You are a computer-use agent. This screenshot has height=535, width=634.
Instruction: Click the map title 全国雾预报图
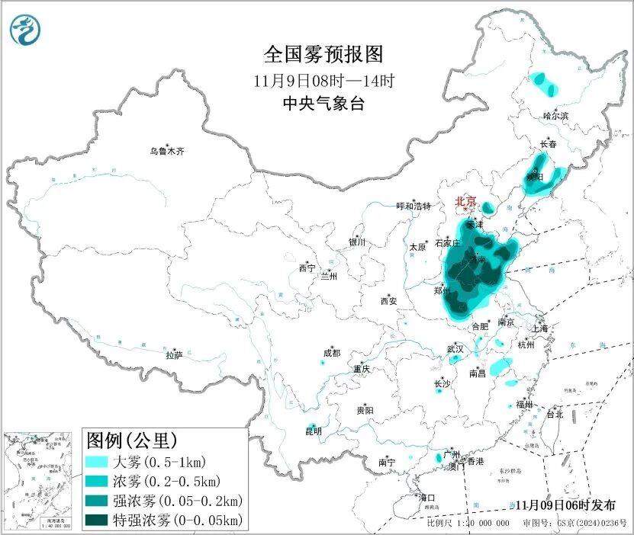[x=322, y=54]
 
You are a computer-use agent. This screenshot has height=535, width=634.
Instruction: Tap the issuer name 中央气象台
[x=323, y=104]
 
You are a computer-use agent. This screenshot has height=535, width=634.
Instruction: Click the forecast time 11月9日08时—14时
[x=323, y=79]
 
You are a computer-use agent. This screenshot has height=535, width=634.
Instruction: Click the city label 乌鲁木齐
[x=166, y=152]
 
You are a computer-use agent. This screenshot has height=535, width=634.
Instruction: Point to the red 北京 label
[x=465, y=202]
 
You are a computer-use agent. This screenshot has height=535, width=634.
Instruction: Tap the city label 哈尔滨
[x=555, y=116]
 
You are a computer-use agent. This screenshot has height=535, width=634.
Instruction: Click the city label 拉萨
[x=174, y=355]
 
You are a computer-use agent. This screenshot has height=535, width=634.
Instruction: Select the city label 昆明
[x=313, y=431]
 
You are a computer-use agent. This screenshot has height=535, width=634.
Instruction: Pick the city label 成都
[x=331, y=354]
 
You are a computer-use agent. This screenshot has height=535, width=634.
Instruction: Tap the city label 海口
[x=427, y=498]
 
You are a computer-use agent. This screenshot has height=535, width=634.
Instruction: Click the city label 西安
[x=388, y=301]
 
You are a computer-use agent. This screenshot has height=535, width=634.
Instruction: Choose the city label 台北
[x=554, y=415]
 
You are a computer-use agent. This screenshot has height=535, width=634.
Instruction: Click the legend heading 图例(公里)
[x=132, y=440]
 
